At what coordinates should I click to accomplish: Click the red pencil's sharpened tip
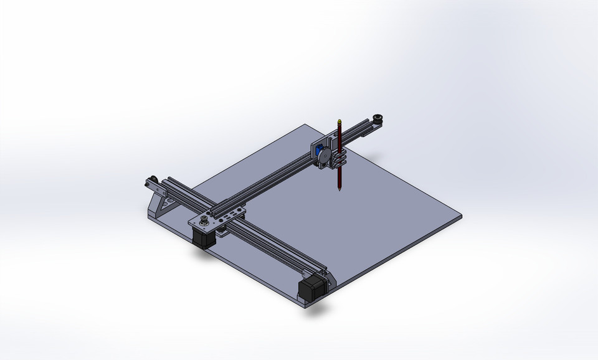coord(339,189)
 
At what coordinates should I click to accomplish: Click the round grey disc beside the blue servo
coord(325,156)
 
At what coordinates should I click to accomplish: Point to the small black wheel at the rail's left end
coord(150,182)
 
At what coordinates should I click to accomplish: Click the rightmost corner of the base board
coord(461,218)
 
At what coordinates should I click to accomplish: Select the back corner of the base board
coord(303,125)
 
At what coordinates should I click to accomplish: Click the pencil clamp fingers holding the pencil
coord(337,161)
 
